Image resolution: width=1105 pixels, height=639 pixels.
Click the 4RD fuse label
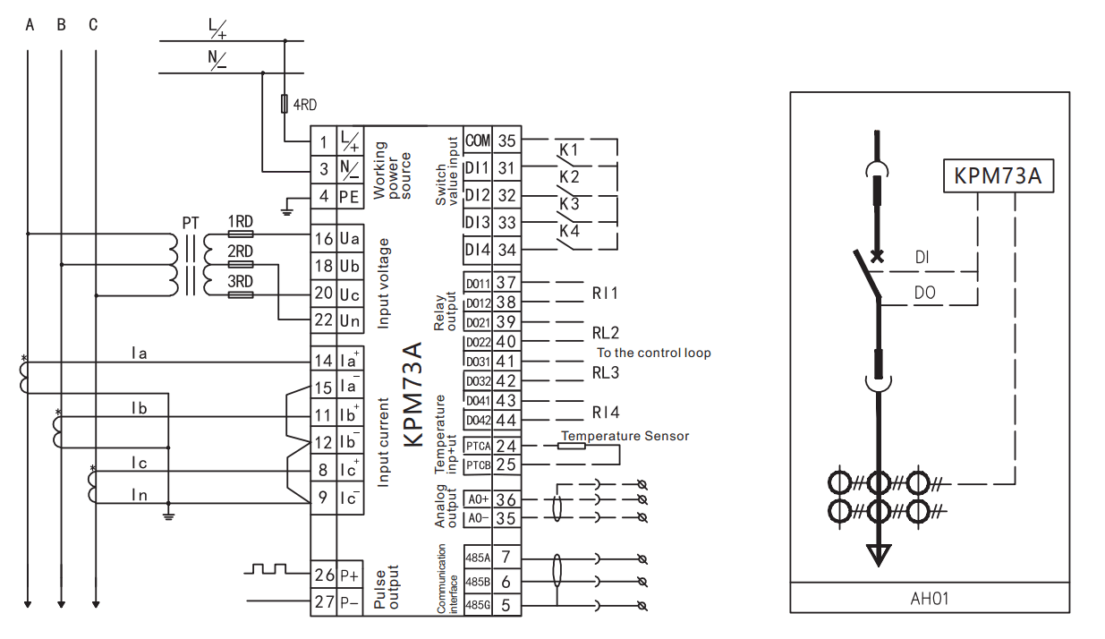pos(305,105)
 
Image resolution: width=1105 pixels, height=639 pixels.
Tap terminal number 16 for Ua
pos(323,239)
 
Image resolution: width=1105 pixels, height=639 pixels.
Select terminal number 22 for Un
pos(323,320)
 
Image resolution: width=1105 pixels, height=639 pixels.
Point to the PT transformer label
pos(191,221)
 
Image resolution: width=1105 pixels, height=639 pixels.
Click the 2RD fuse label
pos(240,252)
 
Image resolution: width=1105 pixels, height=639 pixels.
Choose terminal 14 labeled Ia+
pos(323,361)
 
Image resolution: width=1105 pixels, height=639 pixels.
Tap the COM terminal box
pos(478,141)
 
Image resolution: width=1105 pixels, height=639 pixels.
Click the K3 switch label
pos(569,204)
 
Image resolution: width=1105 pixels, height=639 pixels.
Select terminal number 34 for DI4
pos(506,250)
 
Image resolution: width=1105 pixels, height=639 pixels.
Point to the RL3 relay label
pos(605,372)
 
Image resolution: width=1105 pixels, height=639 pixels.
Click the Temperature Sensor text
pos(625,436)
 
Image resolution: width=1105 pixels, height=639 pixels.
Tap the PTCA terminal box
pos(478,446)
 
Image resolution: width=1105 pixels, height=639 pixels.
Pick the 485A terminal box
pos(477,557)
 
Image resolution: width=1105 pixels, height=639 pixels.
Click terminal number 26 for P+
pos(323,574)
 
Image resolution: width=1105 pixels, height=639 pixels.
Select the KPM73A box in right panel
pos(997,175)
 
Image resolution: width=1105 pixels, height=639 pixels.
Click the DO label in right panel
pos(926,293)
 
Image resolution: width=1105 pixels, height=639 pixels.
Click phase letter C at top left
pos(93,25)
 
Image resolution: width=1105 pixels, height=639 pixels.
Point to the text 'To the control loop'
pos(654,353)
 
